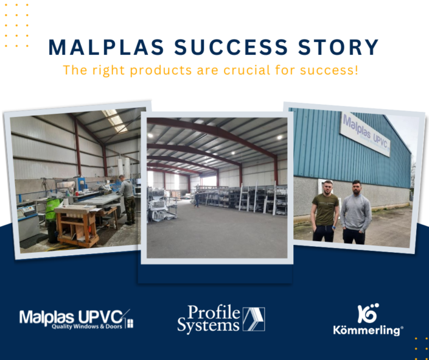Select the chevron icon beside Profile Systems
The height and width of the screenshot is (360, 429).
click(253, 319)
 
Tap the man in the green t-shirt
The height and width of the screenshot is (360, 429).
click(325, 211)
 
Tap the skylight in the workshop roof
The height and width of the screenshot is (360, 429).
click(115, 120)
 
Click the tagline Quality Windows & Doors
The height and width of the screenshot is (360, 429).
click(86, 326)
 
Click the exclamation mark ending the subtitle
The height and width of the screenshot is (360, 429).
click(357, 70)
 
